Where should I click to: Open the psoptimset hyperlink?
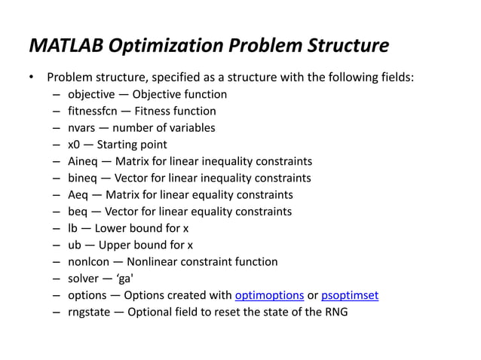(350, 294)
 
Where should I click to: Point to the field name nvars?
(82, 127)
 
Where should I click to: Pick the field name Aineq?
(83, 161)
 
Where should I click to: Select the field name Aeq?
(78, 194)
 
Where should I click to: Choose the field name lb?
(73, 227)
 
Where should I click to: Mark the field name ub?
(75, 245)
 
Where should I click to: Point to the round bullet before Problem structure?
(32, 78)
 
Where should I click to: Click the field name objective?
(93, 94)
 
